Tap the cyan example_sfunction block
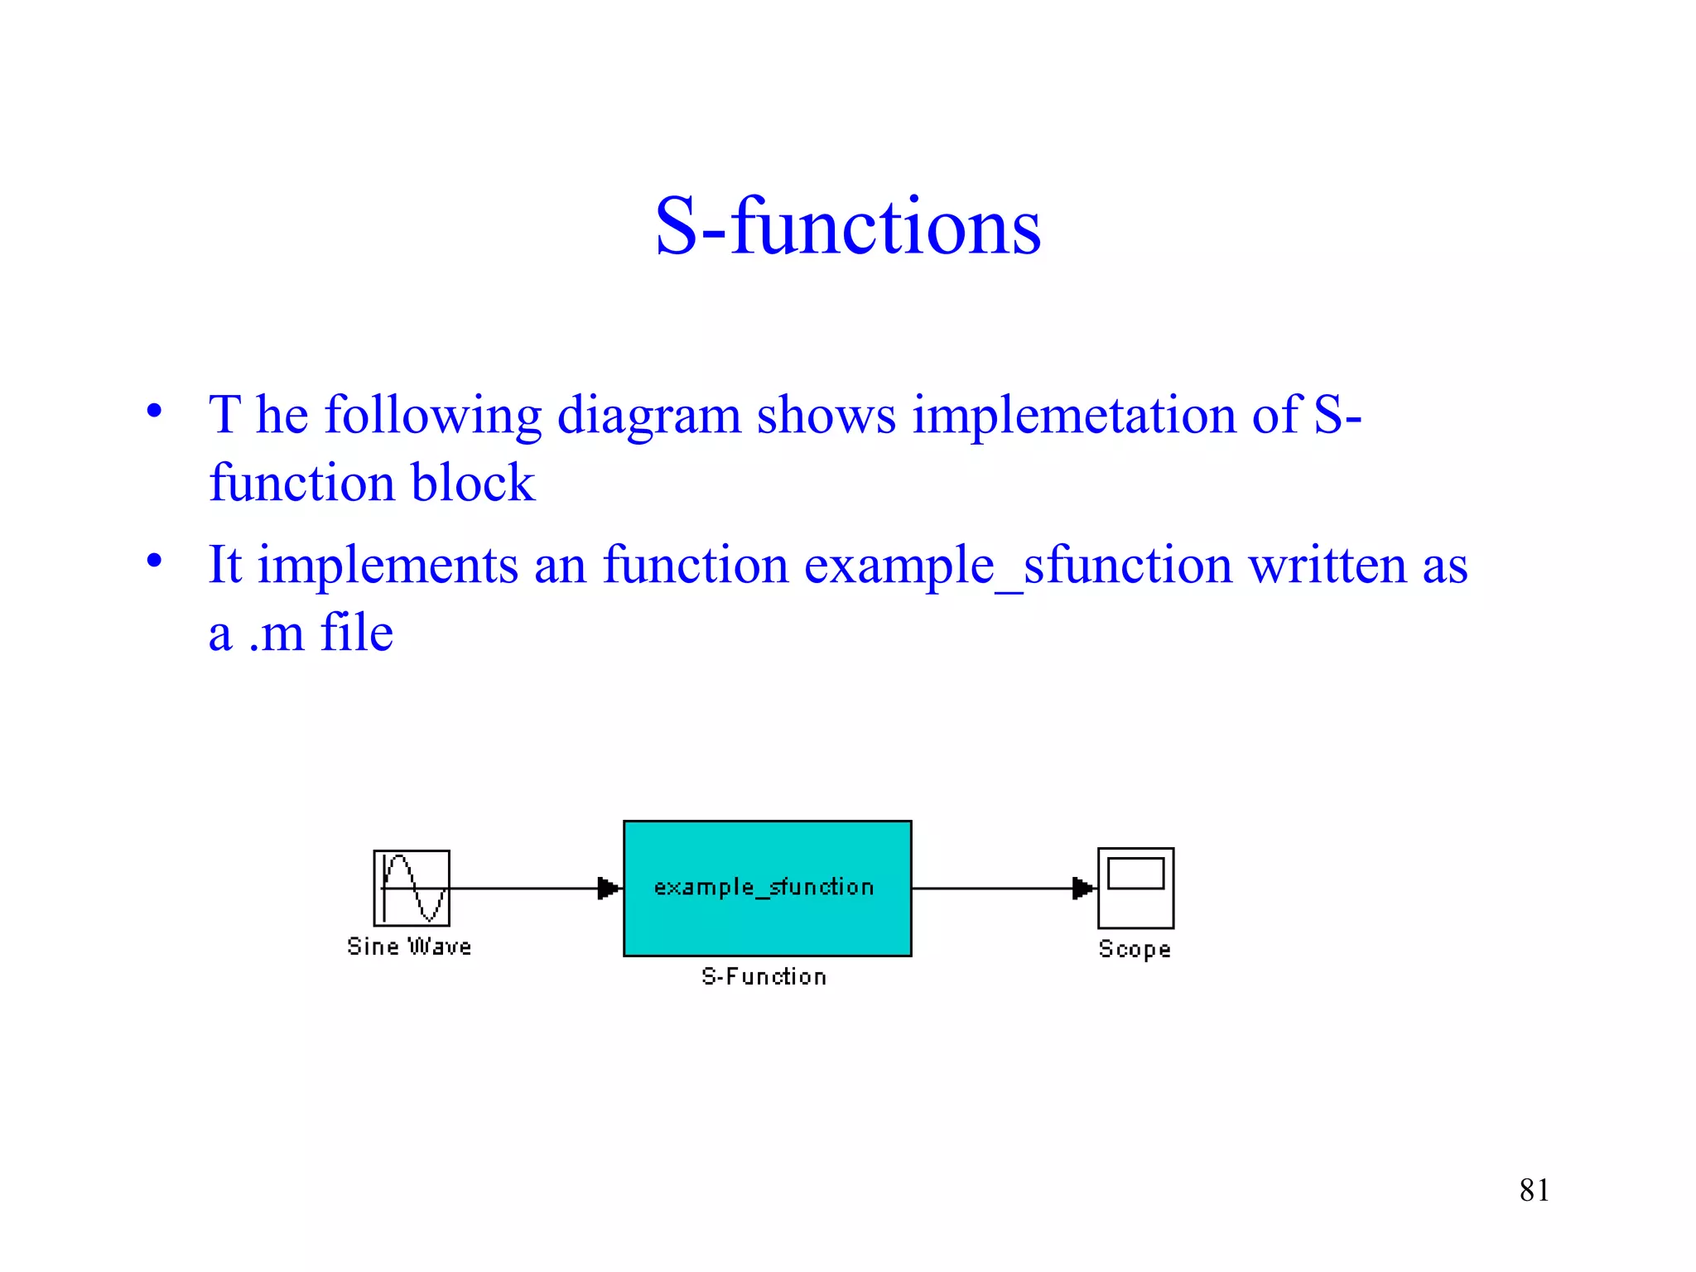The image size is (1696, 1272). point(767,888)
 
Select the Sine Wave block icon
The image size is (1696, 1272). point(412,888)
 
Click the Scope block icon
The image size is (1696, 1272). point(1135,888)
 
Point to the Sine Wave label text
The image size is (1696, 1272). point(409,947)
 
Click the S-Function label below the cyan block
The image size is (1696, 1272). point(764,977)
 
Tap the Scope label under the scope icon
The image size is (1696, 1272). point(1135,949)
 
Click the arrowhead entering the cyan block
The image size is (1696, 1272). point(609,889)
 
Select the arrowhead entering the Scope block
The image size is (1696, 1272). point(1082,889)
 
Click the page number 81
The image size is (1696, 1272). point(1534,1190)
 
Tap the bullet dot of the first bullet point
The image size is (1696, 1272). point(154,411)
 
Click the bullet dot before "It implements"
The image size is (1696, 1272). point(154,561)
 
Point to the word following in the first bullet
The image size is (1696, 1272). point(433,416)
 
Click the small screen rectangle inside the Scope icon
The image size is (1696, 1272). point(1135,873)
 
